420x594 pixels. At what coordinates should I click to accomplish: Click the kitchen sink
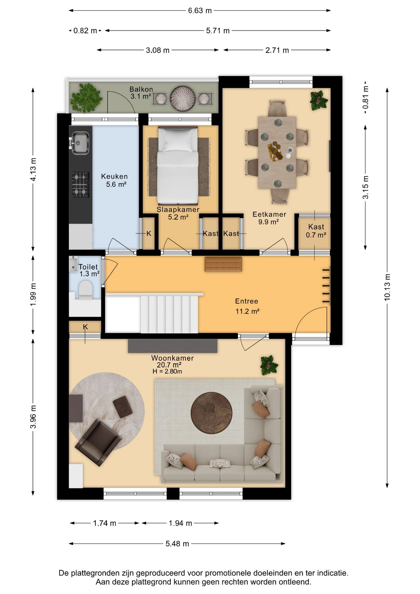(80, 143)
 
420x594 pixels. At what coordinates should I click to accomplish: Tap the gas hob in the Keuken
(81, 185)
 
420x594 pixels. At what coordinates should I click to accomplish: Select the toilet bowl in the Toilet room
(86, 290)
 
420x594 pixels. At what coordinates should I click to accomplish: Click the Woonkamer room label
(173, 358)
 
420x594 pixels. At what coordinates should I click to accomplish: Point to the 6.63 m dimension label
(200, 11)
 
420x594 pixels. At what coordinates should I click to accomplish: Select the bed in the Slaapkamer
(178, 166)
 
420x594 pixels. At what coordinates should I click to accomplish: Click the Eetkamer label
(269, 214)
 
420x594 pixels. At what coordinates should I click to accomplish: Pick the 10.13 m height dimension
(387, 287)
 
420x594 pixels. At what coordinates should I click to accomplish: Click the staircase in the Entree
(169, 314)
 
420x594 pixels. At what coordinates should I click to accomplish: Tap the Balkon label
(141, 89)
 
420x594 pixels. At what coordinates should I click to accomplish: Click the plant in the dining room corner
(319, 100)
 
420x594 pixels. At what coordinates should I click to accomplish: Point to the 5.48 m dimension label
(177, 544)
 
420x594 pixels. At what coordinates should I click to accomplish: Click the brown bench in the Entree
(223, 264)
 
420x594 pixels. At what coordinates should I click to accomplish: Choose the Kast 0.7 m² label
(316, 231)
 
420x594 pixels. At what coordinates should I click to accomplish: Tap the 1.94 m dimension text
(180, 523)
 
